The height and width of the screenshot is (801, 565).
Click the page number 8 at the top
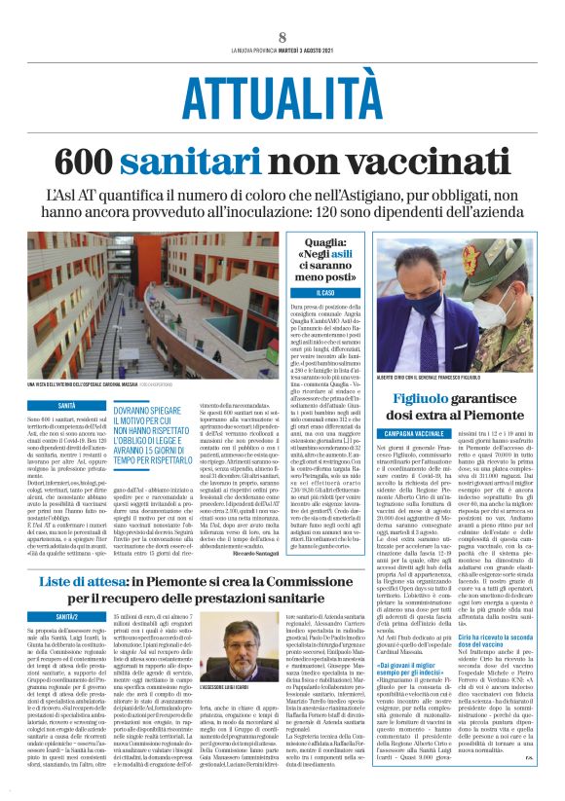282,38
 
